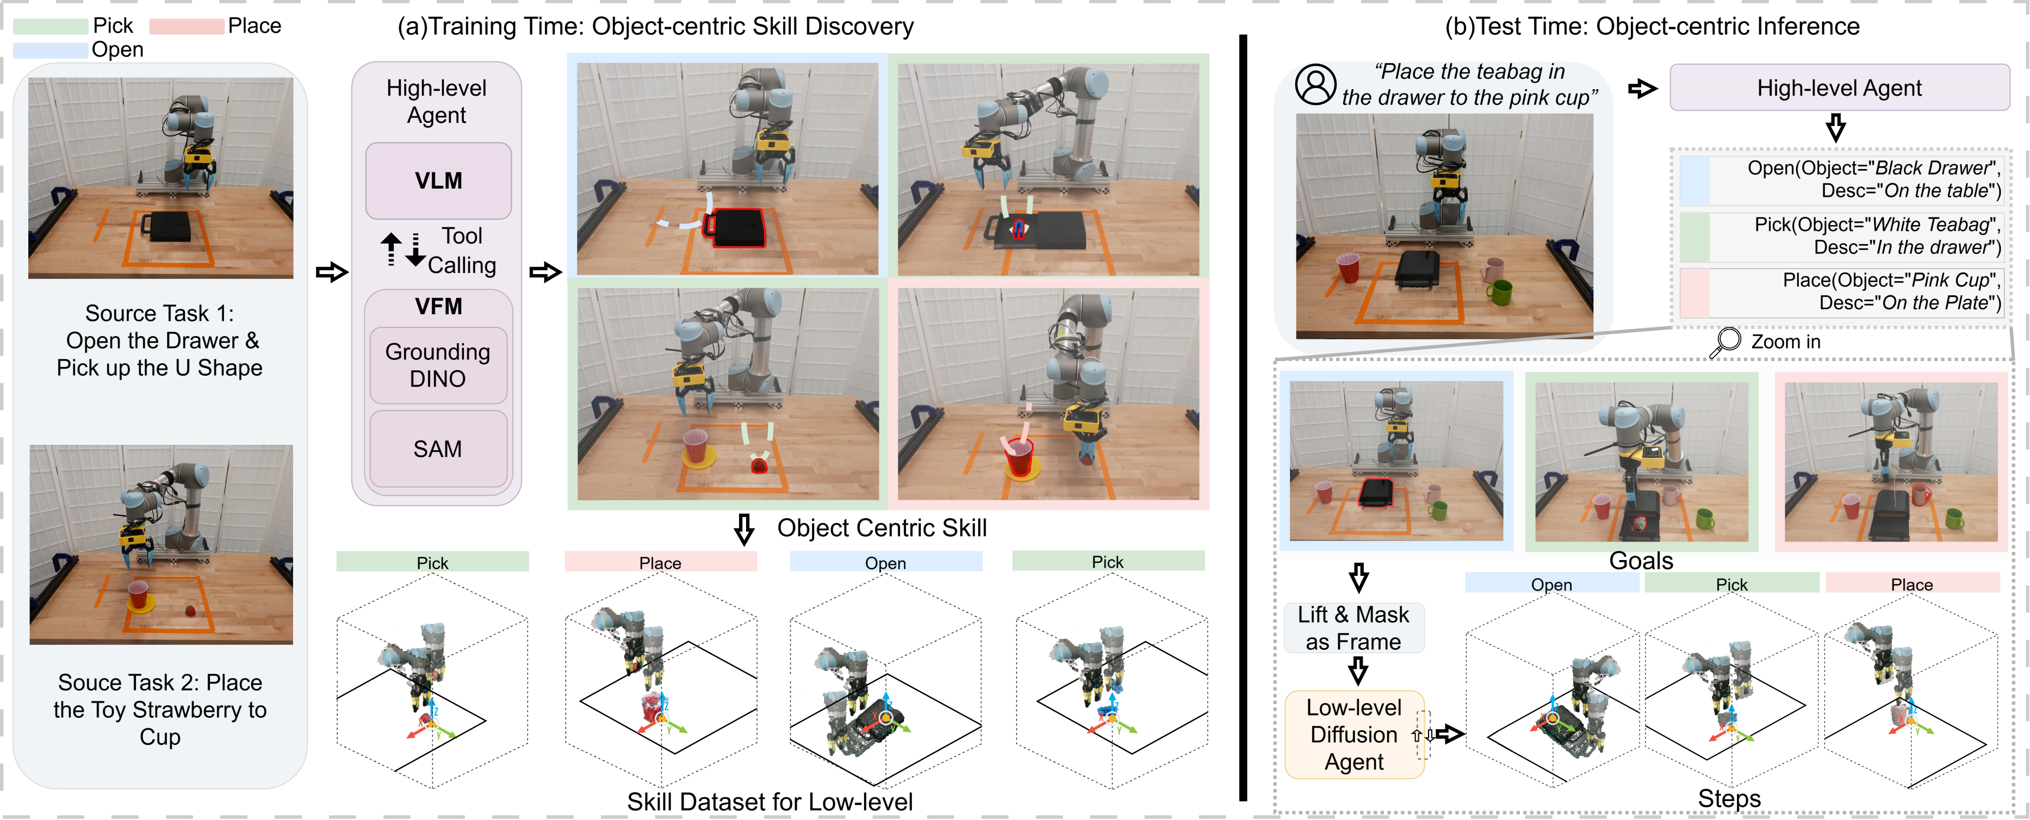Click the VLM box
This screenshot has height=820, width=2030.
(x=438, y=181)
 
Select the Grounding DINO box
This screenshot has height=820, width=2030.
(x=438, y=365)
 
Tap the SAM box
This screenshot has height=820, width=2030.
(x=438, y=449)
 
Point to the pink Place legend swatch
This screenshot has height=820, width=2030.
(x=187, y=26)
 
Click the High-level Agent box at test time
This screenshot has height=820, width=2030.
(x=1839, y=88)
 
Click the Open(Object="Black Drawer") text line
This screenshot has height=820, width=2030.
(x=1873, y=168)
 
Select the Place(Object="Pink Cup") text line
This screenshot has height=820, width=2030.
(x=1891, y=281)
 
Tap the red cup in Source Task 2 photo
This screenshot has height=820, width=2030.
(x=138, y=595)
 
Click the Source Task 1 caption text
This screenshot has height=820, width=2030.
(x=160, y=340)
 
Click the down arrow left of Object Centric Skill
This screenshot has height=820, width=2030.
(x=744, y=529)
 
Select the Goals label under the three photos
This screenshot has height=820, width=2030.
(x=1641, y=561)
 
